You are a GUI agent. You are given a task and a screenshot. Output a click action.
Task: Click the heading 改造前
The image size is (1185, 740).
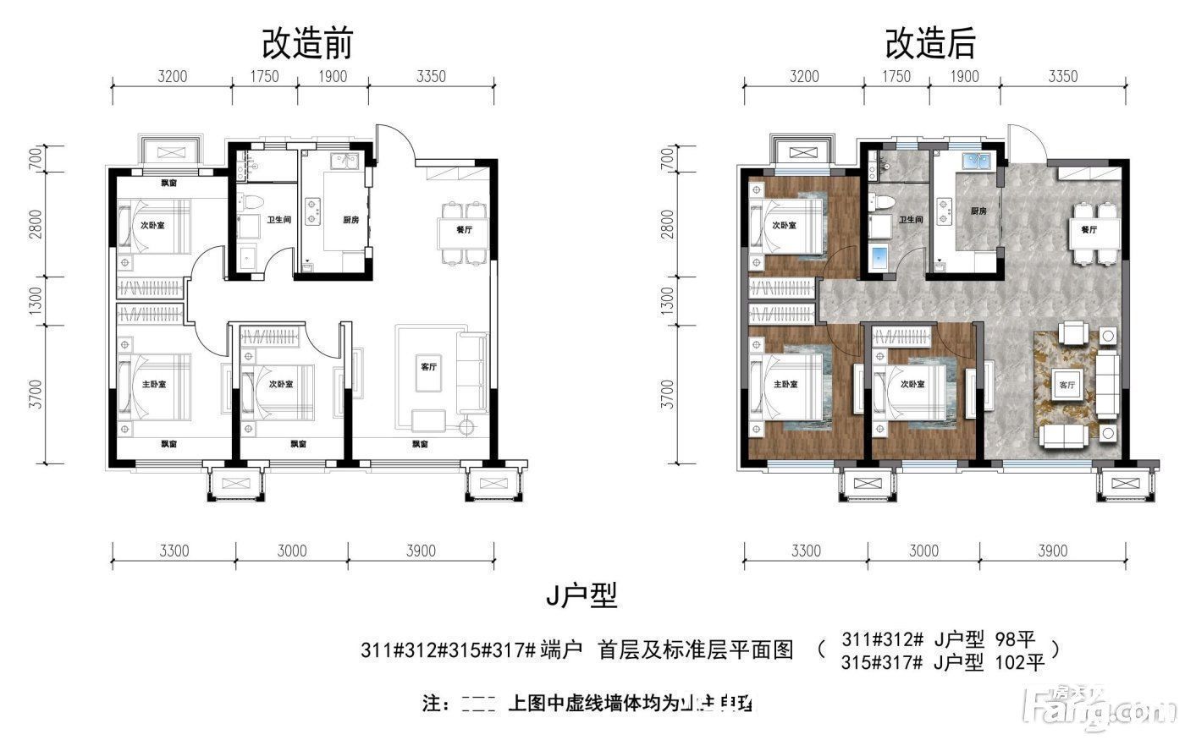coord(306,43)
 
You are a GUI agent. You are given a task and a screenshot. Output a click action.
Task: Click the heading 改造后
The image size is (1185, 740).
coord(929,43)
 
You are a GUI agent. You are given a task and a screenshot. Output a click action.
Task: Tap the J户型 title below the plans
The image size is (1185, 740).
coord(581,597)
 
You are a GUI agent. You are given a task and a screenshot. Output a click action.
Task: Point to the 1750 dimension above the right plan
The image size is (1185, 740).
coord(896,77)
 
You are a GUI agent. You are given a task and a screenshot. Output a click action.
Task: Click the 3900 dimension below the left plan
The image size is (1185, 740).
coord(420,551)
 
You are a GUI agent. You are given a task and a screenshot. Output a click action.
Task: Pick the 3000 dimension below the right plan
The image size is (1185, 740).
coord(923,551)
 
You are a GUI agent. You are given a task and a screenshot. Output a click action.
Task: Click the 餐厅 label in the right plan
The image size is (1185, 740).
coord(1089,229)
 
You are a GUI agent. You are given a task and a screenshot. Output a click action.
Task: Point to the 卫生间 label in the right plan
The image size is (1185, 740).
coord(911,219)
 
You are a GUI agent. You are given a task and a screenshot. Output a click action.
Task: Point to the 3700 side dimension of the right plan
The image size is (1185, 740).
coord(668,394)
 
